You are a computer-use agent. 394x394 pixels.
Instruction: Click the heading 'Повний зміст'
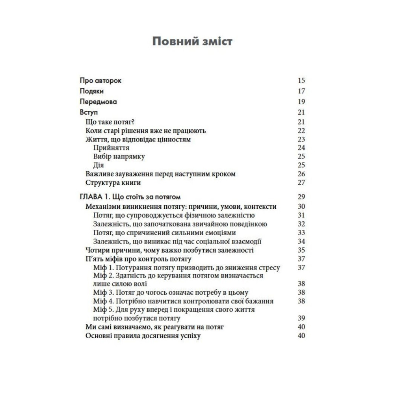click(192, 41)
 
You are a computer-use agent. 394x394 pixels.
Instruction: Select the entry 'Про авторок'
click(100, 81)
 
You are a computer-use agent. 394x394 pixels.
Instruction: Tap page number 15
click(301, 81)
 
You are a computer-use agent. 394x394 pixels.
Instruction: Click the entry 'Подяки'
click(92, 91)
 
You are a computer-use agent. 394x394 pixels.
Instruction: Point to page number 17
click(301, 91)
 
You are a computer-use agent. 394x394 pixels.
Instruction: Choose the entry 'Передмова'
click(98, 102)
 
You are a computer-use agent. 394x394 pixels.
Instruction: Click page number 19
click(301, 102)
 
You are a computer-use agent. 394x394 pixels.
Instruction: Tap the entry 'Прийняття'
click(112, 148)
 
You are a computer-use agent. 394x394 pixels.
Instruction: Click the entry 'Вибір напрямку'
click(119, 156)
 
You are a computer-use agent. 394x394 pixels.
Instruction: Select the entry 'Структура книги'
click(113, 182)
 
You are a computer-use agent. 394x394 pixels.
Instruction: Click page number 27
click(301, 182)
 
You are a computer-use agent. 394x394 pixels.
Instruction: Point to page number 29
click(301, 197)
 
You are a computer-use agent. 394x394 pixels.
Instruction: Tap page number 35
click(301, 250)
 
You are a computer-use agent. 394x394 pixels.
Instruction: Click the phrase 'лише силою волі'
click(120, 284)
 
